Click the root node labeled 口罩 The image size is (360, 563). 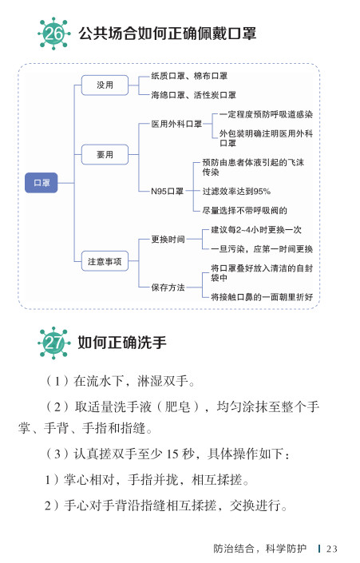(42, 183)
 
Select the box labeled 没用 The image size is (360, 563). (105, 85)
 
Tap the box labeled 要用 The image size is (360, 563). (105, 154)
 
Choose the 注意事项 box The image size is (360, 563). (105, 261)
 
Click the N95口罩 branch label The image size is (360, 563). (168, 192)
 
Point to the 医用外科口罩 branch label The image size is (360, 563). (176, 125)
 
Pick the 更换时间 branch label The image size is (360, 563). (168, 240)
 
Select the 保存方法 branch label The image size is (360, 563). (168, 287)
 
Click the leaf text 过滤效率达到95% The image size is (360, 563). (236, 192)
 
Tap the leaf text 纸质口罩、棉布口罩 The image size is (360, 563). (189, 76)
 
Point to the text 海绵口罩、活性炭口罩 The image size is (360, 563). (193, 95)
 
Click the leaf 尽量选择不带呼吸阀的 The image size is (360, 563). (245, 210)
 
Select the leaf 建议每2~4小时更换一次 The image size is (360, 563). (256, 230)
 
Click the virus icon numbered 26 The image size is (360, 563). (53, 34)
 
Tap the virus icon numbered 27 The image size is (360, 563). (53, 343)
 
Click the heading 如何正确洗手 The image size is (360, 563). (122, 343)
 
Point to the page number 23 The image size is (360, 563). (331, 549)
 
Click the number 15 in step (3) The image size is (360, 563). (172, 454)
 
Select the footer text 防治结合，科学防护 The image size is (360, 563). (260, 549)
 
